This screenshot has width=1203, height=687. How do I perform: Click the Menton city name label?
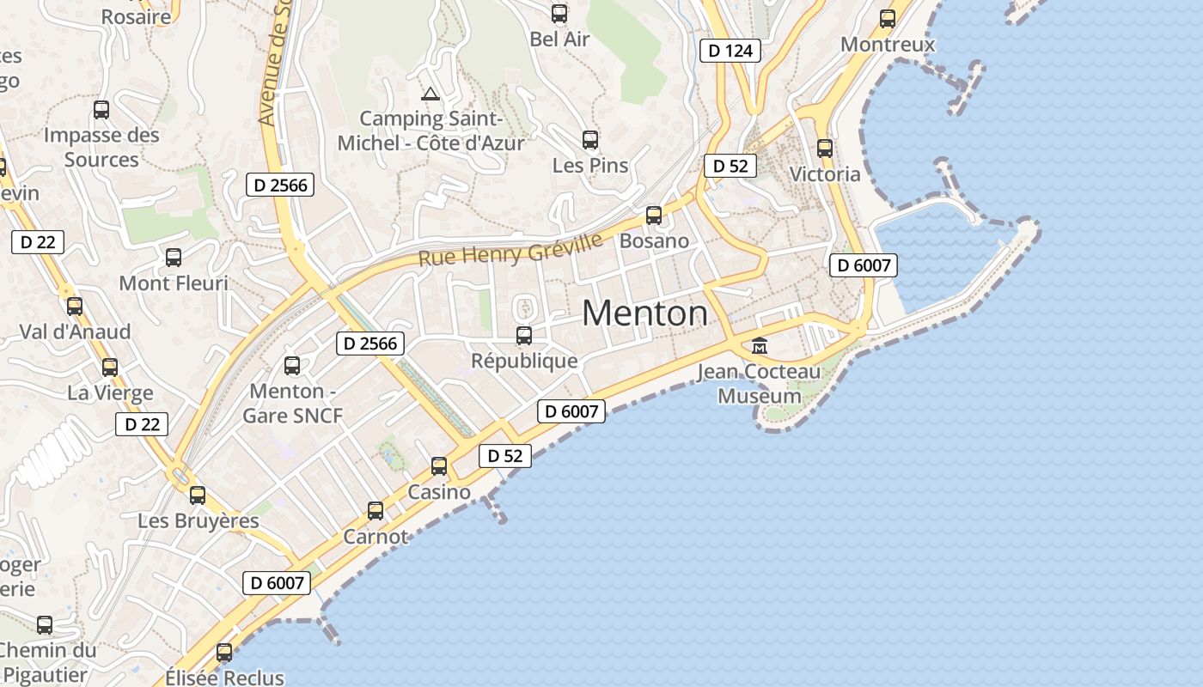point(644,313)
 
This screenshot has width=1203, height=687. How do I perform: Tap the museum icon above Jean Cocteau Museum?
point(760,346)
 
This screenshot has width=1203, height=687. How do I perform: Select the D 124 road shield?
point(730,51)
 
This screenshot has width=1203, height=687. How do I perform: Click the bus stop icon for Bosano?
point(654,215)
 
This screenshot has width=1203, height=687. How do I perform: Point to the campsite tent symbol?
point(431,93)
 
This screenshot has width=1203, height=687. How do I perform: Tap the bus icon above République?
point(524,335)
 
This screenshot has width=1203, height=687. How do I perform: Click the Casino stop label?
point(439,492)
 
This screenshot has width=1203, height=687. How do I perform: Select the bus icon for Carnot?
point(376,511)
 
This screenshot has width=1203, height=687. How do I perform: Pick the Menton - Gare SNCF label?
point(292,404)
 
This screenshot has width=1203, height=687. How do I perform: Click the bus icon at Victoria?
point(825,148)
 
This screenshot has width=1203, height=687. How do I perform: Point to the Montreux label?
point(887,44)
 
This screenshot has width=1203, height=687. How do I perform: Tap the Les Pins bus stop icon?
point(589,139)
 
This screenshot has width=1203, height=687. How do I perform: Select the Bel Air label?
point(559,39)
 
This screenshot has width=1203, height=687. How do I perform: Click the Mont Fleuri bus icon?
point(174,257)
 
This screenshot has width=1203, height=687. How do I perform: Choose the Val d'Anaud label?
point(75,331)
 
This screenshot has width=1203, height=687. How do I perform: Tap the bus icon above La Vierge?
point(110,368)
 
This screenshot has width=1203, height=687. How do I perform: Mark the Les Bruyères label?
point(198,520)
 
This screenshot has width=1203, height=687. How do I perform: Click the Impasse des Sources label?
point(101,147)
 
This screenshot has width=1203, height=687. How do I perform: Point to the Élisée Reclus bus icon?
point(224,653)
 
